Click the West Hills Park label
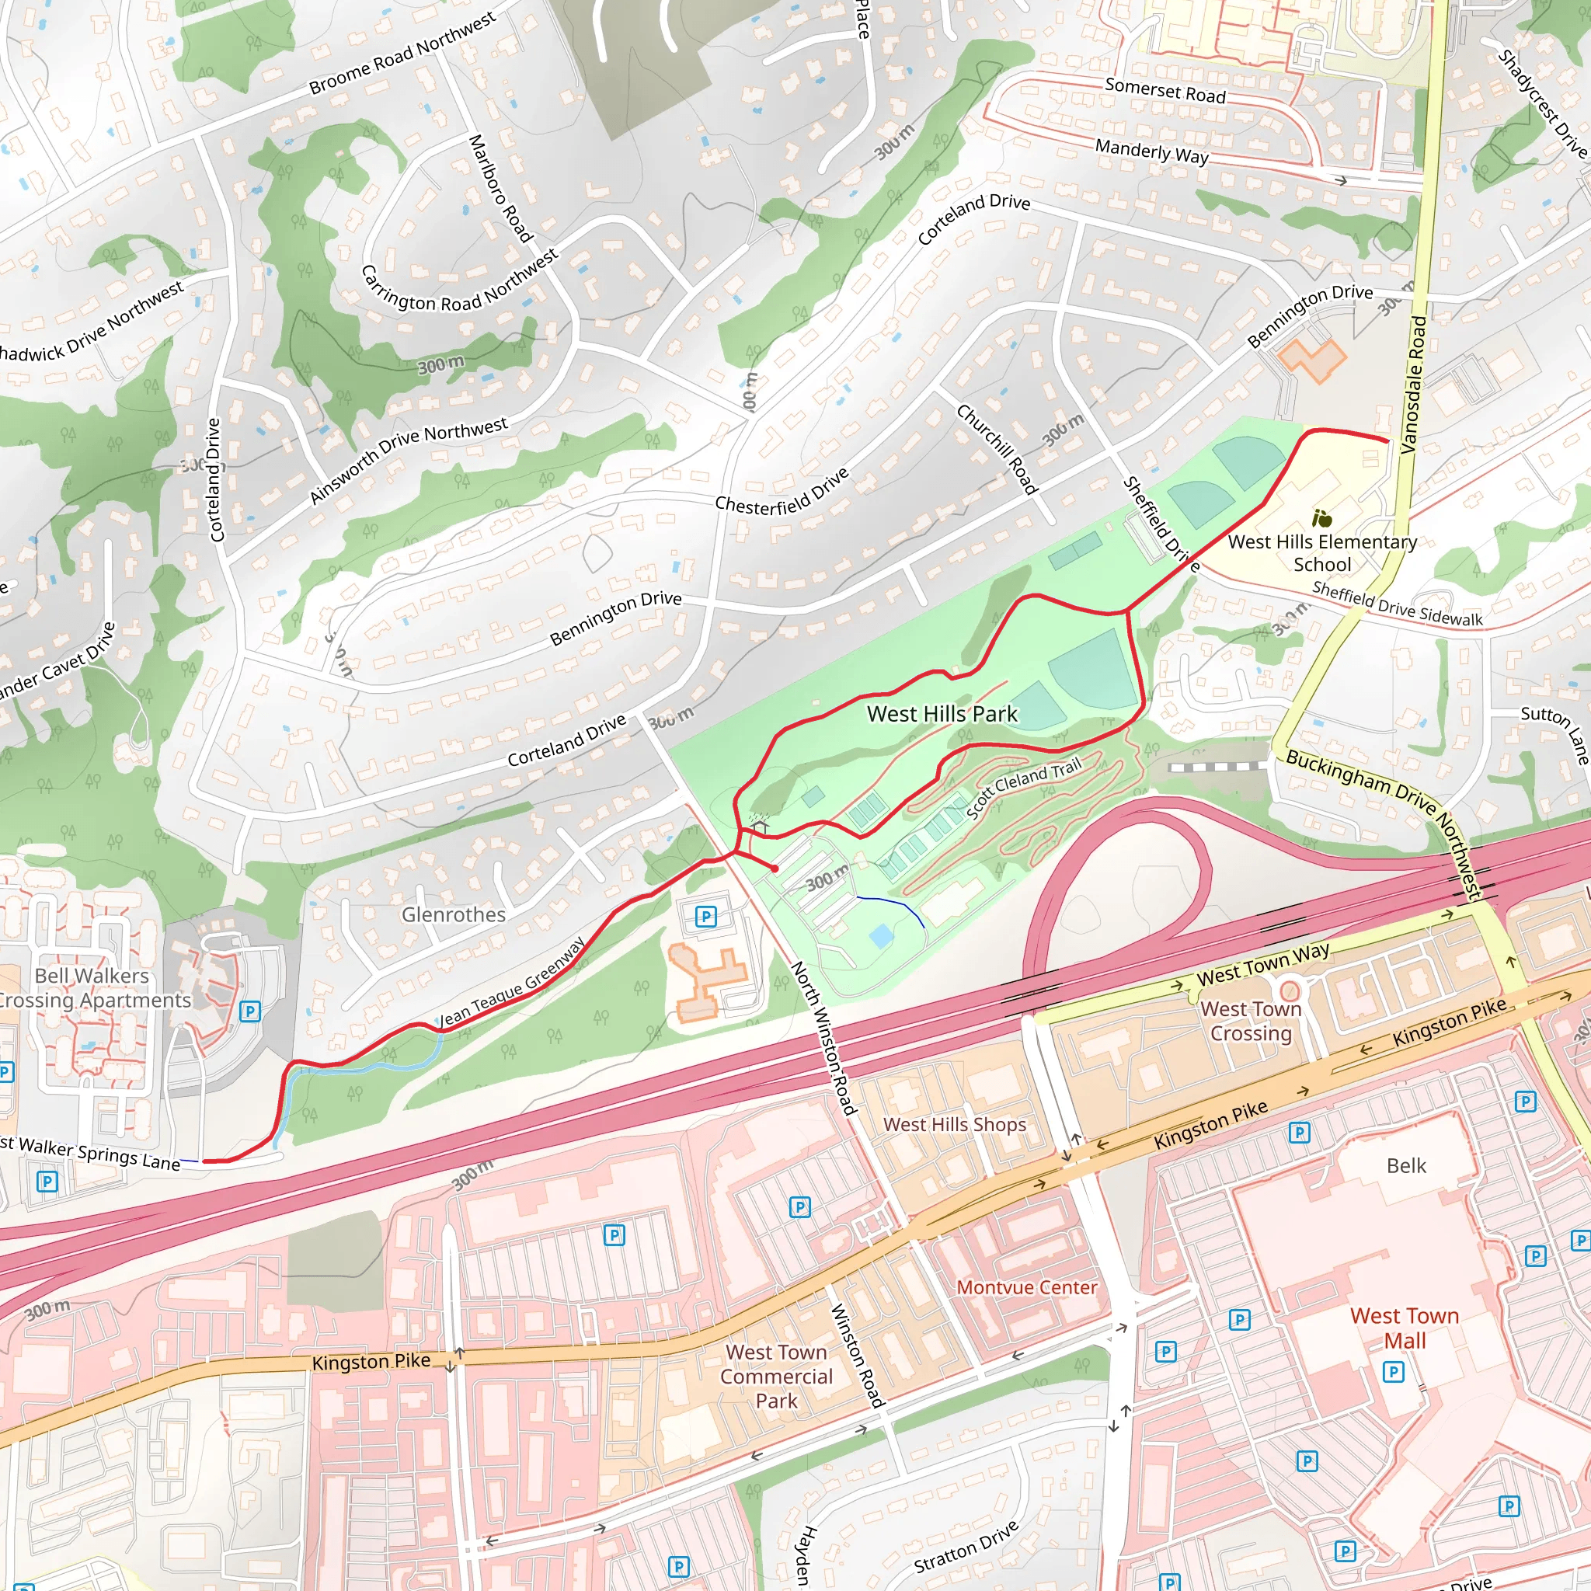[x=942, y=714]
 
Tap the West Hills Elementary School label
[x=1321, y=552]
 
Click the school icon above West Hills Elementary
[x=1321, y=518]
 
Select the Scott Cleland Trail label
[x=1024, y=789]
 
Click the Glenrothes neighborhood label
[x=453, y=914]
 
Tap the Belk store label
[x=1405, y=1165]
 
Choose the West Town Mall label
[x=1404, y=1328]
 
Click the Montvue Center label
[x=1026, y=1287]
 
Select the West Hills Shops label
[x=955, y=1124]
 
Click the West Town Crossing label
[x=1250, y=1020]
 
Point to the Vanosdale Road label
[x=1413, y=385]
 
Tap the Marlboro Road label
[x=499, y=189]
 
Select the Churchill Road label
[x=997, y=449]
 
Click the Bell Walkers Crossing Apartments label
[x=92, y=987]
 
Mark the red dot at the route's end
[x=775, y=868]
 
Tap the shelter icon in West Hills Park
[x=759, y=825]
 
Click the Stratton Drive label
[x=966, y=1547]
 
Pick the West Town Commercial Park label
[x=776, y=1376]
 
